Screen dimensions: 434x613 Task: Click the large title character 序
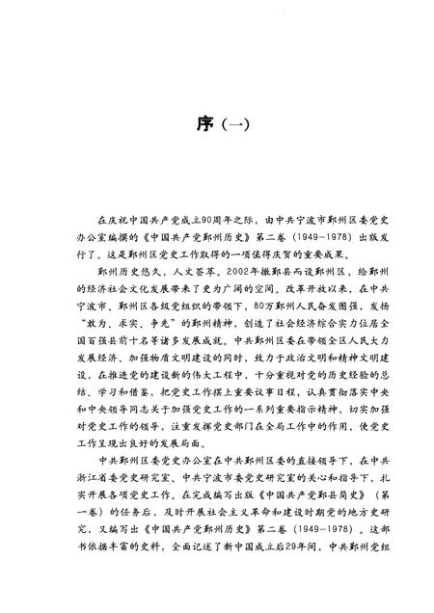(196, 124)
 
